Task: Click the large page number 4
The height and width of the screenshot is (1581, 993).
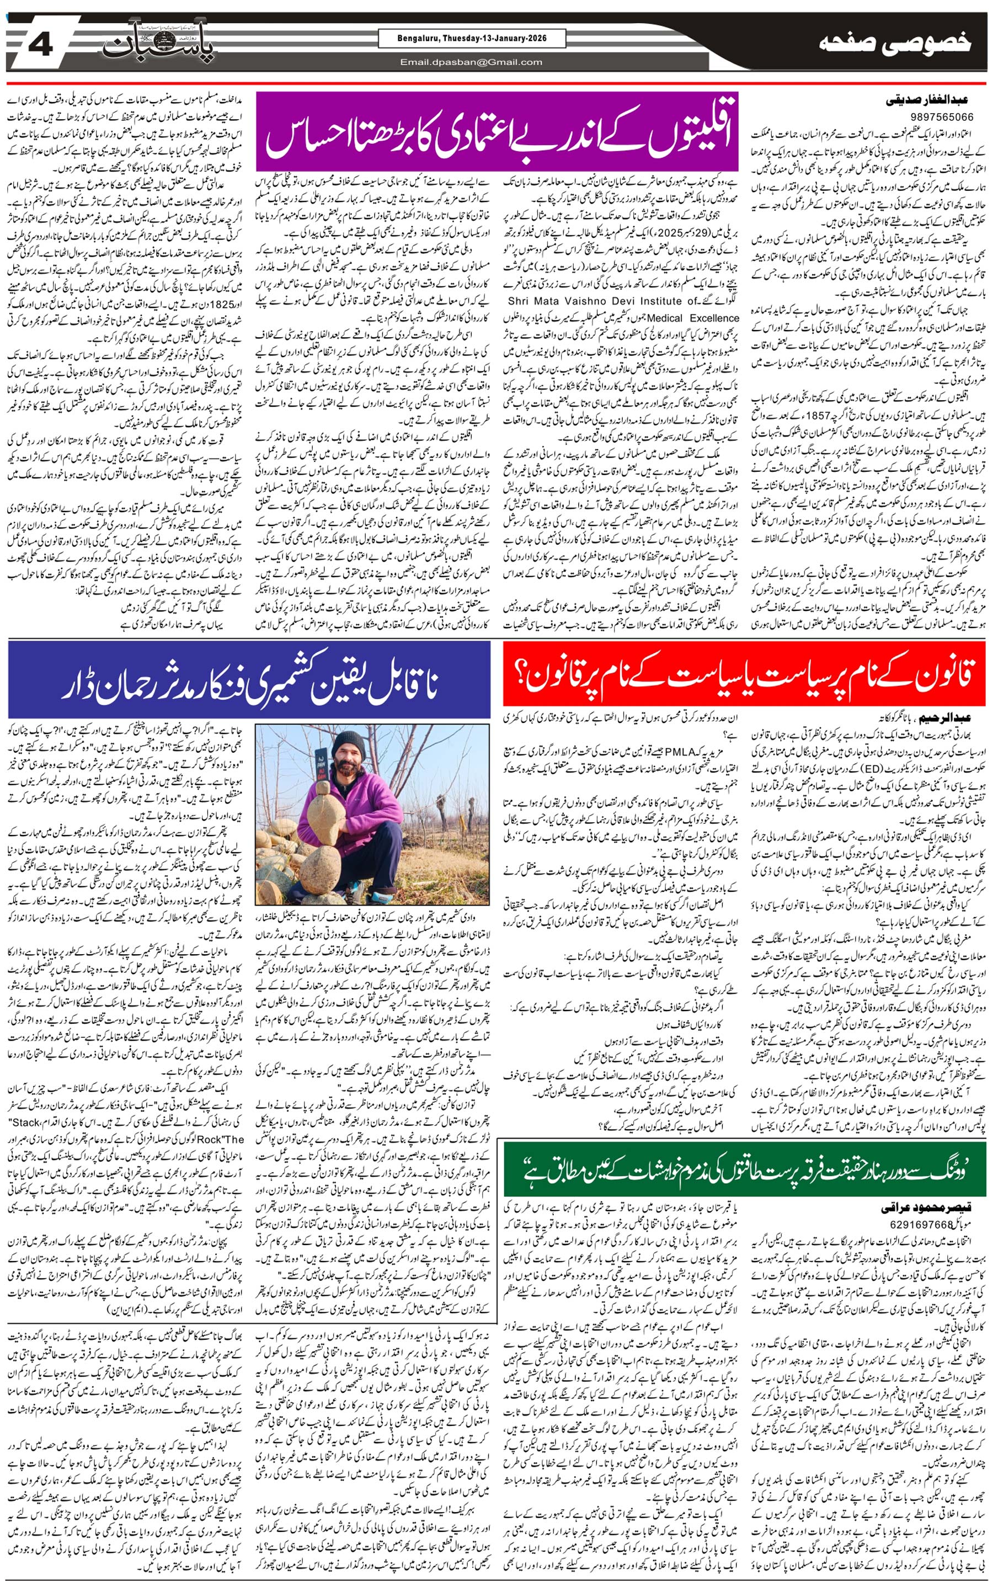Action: coord(41,46)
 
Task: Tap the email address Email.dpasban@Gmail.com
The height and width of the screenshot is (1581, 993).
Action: coord(471,62)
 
